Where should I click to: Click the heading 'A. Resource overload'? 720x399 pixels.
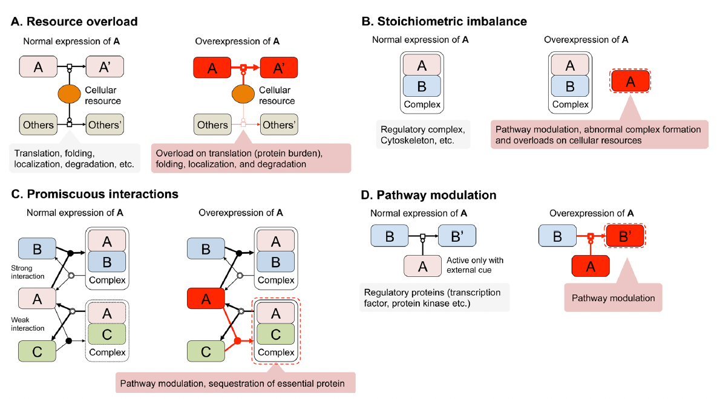click(x=74, y=22)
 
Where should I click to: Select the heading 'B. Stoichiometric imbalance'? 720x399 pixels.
click(x=444, y=22)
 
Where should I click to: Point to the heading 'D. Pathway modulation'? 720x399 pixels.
click(x=436, y=195)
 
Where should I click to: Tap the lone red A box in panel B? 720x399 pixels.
click(x=630, y=82)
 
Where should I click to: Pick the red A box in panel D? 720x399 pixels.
click(x=590, y=265)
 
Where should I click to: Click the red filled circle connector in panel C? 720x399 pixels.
click(x=237, y=341)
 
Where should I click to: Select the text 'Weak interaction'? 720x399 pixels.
click(x=28, y=323)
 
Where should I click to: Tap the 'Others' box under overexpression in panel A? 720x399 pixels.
click(x=212, y=125)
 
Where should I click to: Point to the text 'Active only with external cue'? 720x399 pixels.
click(x=474, y=265)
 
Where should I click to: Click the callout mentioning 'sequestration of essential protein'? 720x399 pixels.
click(x=235, y=383)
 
